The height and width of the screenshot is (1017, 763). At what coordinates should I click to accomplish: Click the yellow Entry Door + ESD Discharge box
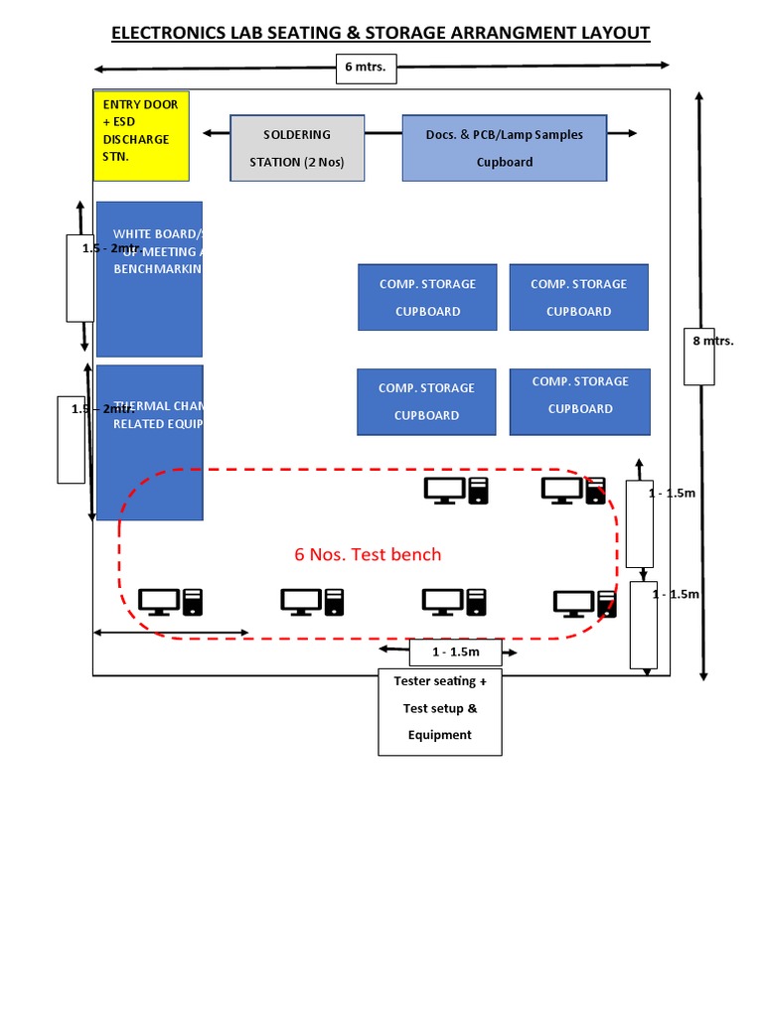(x=140, y=135)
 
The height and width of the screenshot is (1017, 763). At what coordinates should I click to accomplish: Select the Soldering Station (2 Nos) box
(x=297, y=148)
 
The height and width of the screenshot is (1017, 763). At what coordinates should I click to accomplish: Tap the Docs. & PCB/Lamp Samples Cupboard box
(x=504, y=148)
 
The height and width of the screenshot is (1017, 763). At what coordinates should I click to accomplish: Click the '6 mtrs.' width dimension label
(x=365, y=69)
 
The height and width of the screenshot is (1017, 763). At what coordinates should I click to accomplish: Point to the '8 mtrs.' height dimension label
(x=712, y=341)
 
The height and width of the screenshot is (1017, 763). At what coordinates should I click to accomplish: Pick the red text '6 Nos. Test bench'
(x=368, y=554)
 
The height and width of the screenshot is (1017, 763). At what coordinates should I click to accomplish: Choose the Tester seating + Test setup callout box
(x=440, y=711)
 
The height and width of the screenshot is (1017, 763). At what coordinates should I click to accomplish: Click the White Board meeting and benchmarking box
(x=149, y=279)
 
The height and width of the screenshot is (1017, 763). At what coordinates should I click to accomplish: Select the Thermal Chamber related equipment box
(x=149, y=442)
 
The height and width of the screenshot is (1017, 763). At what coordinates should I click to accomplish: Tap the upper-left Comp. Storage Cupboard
(x=426, y=297)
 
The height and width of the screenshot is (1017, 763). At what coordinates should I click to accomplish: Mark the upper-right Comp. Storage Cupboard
(x=578, y=297)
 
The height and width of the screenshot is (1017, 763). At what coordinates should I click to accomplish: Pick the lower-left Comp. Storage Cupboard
(x=426, y=401)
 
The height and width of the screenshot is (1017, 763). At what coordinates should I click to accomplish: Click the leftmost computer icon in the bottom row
(x=170, y=601)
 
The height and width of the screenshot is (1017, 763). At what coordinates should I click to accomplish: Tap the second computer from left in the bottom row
(x=312, y=601)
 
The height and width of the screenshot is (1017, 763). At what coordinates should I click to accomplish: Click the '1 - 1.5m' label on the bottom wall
(x=455, y=652)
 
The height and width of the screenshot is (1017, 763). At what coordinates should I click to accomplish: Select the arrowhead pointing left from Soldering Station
(x=208, y=133)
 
